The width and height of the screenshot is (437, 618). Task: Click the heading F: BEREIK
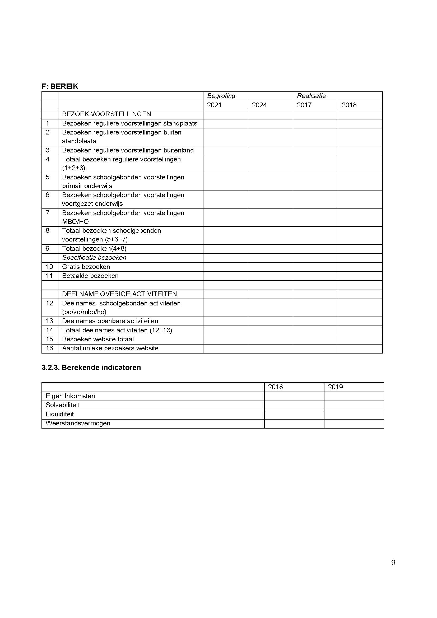tap(60, 86)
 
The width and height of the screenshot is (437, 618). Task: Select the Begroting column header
tap(221, 96)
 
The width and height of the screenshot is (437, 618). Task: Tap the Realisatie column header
tap(311, 96)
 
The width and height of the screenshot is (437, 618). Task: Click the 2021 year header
tap(214, 105)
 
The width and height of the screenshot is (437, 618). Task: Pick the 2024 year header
tap(259, 105)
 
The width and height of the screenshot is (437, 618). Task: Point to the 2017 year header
tap(304, 105)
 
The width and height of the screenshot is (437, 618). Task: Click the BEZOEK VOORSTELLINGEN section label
tap(106, 114)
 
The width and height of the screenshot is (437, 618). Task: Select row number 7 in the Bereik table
tap(48, 213)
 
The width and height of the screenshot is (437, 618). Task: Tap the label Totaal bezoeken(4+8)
tap(94, 248)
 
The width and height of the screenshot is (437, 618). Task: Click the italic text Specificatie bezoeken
tap(94, 258)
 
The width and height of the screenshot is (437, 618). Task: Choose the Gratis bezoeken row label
tap(86, 267)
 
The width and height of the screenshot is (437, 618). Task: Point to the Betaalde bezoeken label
tap(90, 276)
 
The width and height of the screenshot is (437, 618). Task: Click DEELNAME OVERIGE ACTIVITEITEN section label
tap(119, 294)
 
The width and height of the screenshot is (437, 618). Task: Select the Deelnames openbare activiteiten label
tap(110, 321)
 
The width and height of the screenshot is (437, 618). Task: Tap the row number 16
tap(49, 348)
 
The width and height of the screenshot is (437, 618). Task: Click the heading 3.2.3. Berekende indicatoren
tap(91, 368)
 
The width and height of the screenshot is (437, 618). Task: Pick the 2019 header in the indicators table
tap(335, 387)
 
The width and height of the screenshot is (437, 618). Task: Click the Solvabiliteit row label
tap(62, 405)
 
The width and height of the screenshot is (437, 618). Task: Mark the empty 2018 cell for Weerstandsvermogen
tap(294, 423)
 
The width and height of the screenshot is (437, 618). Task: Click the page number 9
tap(393, 563)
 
